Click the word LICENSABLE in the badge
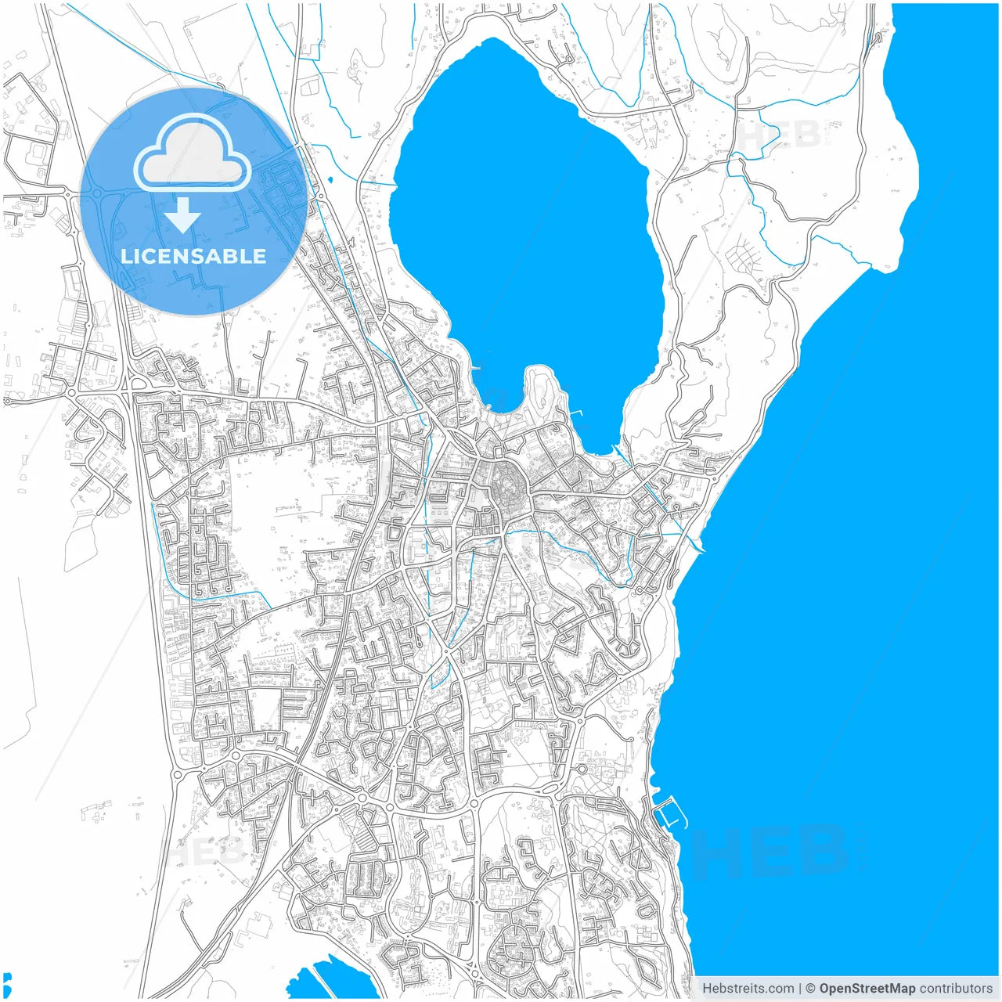click(193, 256)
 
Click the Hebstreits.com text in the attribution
click(748, 989)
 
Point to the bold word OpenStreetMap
click(867, 989)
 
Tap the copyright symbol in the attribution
click(810, 989)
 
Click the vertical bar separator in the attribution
click(799, 989)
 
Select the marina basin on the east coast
click(669, 814)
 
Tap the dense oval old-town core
click(505, 489)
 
